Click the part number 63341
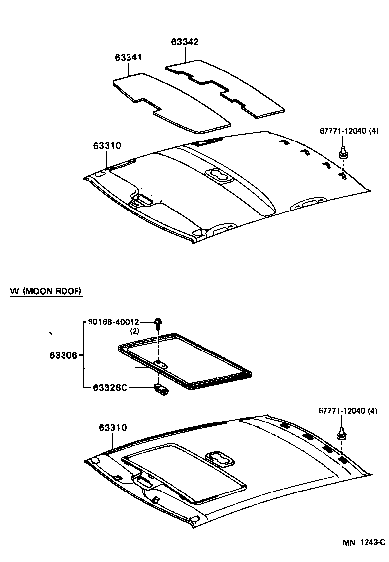pyautogui.click(x=129, y=58)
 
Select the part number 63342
pyautogui.click(x=185, y=42)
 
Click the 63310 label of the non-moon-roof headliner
pyautogui.click(x=107, y=146)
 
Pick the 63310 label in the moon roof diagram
pyautogui.click(x=112, y=427)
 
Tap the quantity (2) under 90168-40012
pyautogui.click(x=134, y=331)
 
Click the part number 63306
pyautogui.click(x=63, y=355)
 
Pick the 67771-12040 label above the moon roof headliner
pyautogui.click(x=347, y=411)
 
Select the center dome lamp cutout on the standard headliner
pyautogui.click(x=219, y=176)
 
